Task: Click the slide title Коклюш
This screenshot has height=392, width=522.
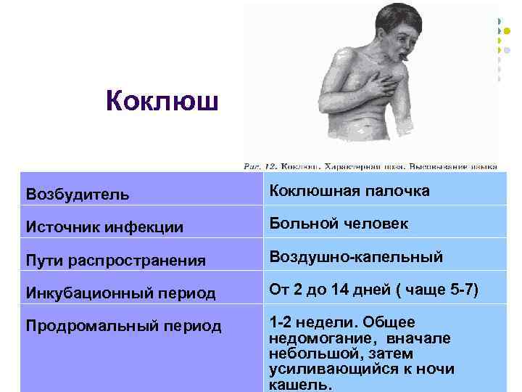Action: (161, 101)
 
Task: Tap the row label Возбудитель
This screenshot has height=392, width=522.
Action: (78, 195)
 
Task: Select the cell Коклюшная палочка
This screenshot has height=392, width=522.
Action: (349, 191)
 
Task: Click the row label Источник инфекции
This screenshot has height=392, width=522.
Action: (104, 227)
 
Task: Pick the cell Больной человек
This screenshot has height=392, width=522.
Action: (339, 224)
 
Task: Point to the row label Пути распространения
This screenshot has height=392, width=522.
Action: (115, 260)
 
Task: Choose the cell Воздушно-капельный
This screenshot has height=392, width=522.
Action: (356, 257)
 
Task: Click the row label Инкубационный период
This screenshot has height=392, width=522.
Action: (120, 293)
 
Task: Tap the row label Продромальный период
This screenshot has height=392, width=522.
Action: (123, 326)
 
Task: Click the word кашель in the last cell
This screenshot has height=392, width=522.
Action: (300, 385)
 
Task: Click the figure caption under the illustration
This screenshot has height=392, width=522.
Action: (370, 166)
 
